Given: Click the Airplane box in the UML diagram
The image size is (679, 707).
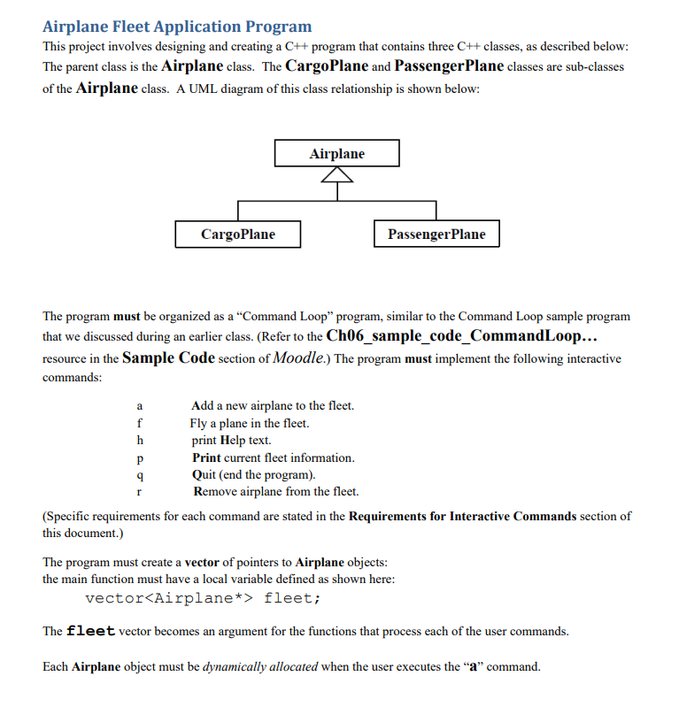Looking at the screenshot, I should pos(336,153).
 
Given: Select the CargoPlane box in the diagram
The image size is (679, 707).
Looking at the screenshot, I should pos(237,234).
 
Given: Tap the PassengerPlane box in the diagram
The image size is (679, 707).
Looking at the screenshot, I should pos(436,234).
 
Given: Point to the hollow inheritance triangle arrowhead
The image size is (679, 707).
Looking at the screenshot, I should pos(336,176).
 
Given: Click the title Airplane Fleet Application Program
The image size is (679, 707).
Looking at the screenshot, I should pos(177,27).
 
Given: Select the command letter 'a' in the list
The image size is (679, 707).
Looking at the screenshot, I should pos(139,405).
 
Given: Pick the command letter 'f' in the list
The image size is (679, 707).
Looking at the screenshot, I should pos(139,423).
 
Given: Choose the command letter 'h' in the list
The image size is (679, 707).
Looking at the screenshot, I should pos(139,440).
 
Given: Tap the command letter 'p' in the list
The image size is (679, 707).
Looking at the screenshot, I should pos(139,457).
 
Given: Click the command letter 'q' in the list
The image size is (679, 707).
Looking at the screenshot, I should pos(139,474).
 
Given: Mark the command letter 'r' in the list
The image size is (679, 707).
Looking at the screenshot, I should pos(139,492).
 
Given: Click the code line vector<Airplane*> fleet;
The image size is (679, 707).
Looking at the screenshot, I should pos(203,598).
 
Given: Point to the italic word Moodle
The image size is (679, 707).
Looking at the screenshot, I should pos(301,358).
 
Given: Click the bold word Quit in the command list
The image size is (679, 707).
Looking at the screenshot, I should pos(204,474).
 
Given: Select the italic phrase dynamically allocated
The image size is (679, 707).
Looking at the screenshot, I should pos(260,666).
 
